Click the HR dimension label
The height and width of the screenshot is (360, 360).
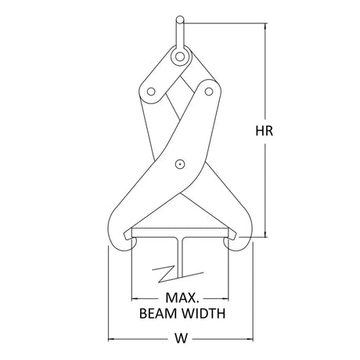pyautogui.click(x=264, y=131)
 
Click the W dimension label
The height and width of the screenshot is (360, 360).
pyautogui.click(x=181, y=338)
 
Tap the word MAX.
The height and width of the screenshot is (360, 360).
pyautogui.click(x=182, y=297)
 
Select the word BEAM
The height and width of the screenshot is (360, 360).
pyautogui.click(x=158, y=314)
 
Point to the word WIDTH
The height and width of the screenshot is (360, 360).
pyautogui.click(x=202, y=314)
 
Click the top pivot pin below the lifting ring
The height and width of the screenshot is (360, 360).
pyautogui.click(x=180, y=56)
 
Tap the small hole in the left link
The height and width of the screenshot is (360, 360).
pyautogui.click(x=151, y=92)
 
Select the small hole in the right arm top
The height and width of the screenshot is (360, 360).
pyautogui.click(x=209, y=92)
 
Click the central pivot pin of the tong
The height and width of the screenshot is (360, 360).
pyautogui.click(x=180, y=164)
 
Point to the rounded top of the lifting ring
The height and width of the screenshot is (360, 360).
pyautogui.click(x=180, y=20)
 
